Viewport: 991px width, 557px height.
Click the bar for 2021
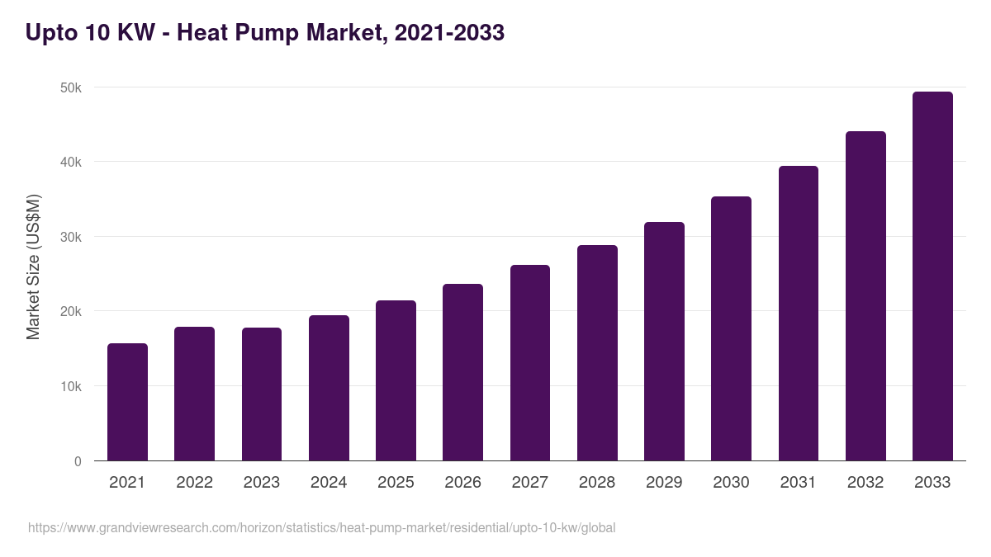point(127,402)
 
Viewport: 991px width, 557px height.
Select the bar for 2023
point(262,394)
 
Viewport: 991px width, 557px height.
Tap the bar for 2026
point(462,372)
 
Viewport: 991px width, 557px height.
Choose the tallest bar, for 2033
point(932,276)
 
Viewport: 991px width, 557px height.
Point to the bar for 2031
point(799,314)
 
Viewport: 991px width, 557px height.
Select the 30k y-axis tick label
point(72,237)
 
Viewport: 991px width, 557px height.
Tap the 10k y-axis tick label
point(72,386)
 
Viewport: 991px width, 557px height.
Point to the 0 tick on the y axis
point(78,461)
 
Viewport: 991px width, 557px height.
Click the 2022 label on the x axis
point(194,483)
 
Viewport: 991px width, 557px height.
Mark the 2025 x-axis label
point(396,483)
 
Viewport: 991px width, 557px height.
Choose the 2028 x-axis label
point(597,483)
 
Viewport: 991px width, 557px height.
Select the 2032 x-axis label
point(865,483)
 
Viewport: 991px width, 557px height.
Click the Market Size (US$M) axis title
point(33,267)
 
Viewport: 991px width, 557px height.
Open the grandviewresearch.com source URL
point(321,527)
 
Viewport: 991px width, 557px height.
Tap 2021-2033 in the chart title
point(449,33)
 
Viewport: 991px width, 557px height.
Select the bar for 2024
point(329,388)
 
